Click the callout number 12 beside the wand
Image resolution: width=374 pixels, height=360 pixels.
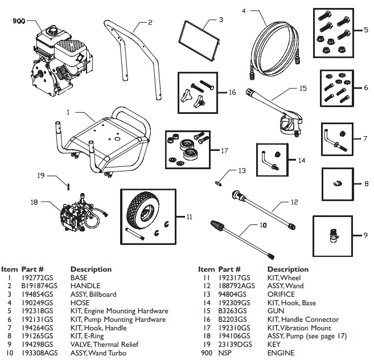294,202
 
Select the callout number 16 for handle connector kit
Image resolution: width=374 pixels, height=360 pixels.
232,91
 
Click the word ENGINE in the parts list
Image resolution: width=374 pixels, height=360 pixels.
281,353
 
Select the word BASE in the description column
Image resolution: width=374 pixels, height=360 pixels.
79,277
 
